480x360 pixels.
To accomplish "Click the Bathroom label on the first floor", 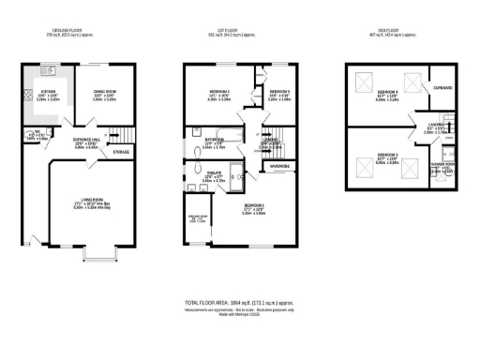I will pyautogui.click(x=215, y=142).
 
